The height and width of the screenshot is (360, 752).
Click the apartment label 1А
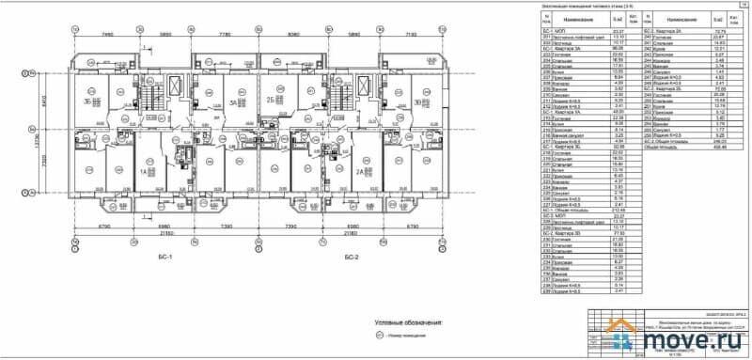(146, 173)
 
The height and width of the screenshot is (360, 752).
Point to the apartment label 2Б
(269, 100)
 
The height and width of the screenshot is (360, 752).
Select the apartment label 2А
(359, 173)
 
